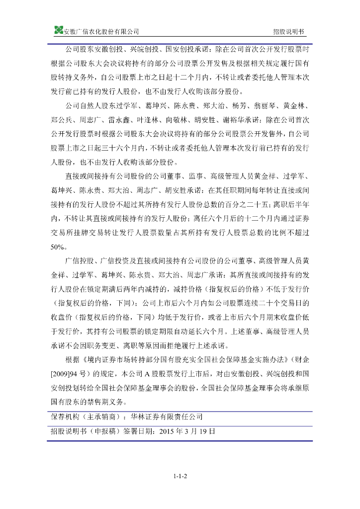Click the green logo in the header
(59, 31)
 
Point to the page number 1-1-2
(180, 476)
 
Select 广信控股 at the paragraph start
(80, 260)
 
